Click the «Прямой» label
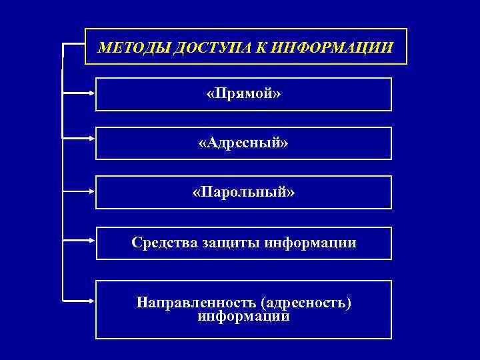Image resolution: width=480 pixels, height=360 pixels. (243, 94)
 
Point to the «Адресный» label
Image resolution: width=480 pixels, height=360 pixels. (243, 143)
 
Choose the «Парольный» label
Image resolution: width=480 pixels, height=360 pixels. (243, 193)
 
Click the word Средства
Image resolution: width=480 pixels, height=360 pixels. (165, 243)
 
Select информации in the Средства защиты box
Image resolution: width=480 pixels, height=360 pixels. (310, 243)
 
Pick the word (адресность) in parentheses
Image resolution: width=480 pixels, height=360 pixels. (307, 303)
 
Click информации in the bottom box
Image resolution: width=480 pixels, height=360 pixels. (243, 317)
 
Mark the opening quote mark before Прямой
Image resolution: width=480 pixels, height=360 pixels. (210, 95)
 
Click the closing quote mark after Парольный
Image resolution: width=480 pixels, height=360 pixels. (291, 193)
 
